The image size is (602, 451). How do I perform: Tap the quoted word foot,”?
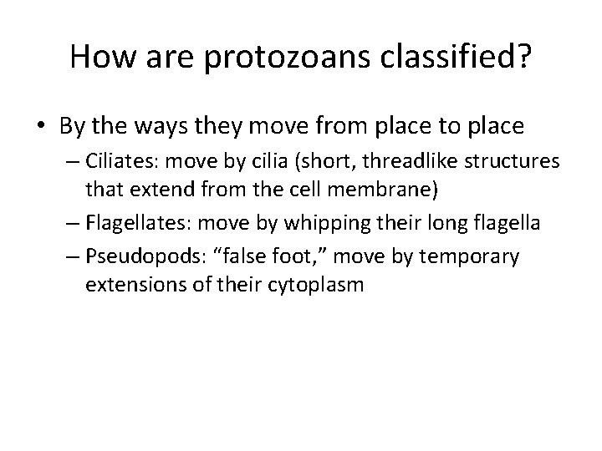click(x=321, y=255)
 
